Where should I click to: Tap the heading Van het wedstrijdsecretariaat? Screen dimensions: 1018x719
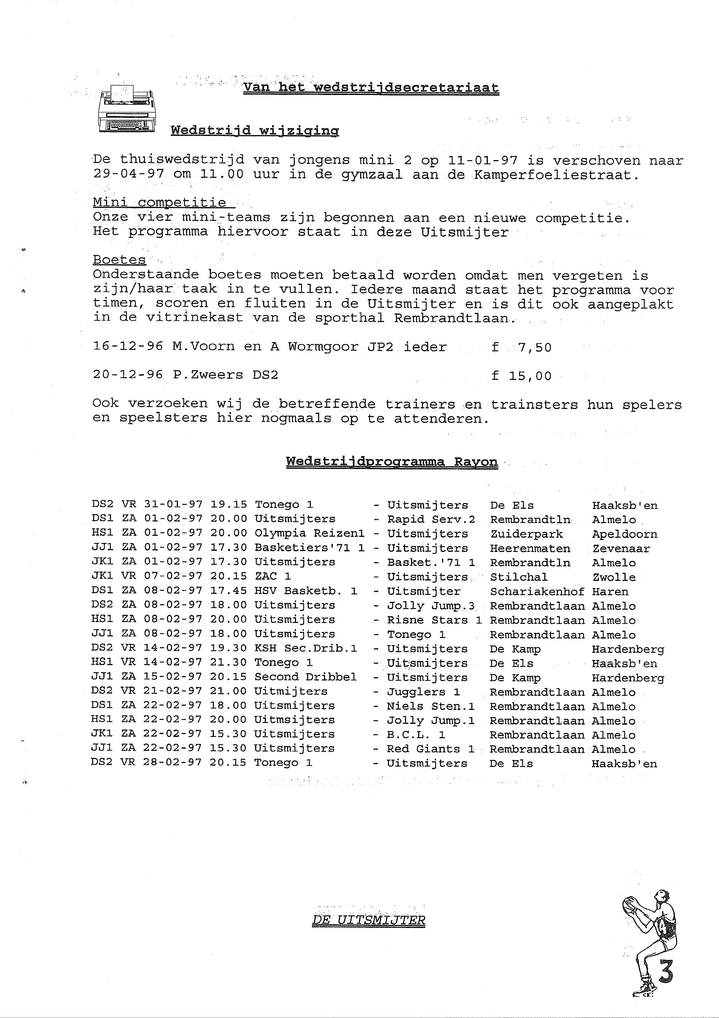pyautogui.click(x=371, y=87)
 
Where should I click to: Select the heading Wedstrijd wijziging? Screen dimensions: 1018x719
pyautogui.click(x=255, y=130)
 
